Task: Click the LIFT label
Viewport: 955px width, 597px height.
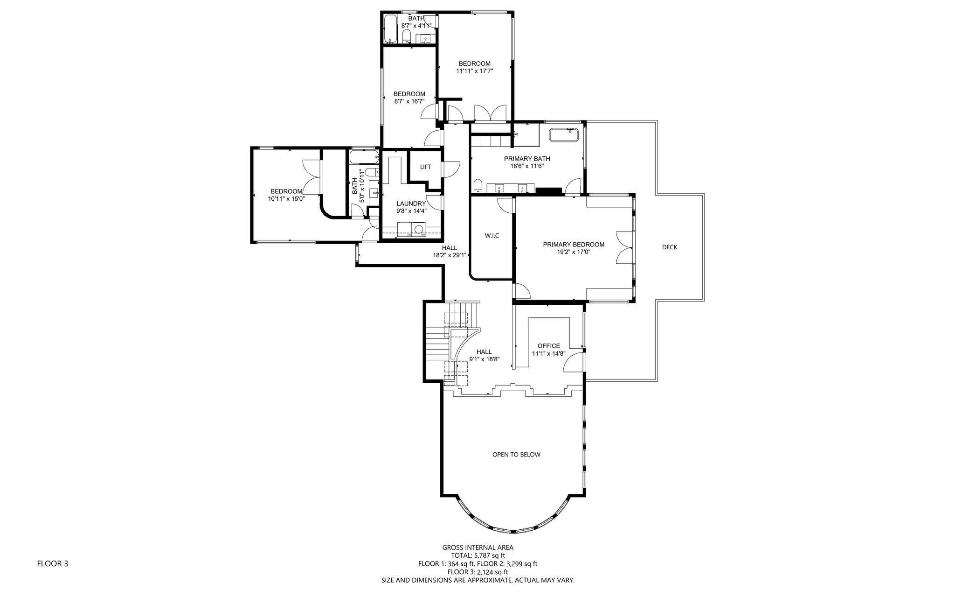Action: tap(425, 167)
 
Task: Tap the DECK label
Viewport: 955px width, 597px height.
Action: tap(670, 247)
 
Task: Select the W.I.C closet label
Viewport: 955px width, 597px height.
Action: tap(492, 236)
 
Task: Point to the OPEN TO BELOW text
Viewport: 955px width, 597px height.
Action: tap(517, 455)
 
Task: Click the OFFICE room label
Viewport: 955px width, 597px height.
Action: tap(549, 346)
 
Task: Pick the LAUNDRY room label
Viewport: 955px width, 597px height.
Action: tap(411, 204)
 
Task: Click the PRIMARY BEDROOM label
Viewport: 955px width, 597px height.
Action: tap(574, 245)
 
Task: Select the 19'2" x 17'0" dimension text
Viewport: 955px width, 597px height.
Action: tap(574, 252)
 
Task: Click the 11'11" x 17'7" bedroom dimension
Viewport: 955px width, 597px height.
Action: tap(475, 71)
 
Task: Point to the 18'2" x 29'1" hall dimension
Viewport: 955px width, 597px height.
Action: tap(450, 255)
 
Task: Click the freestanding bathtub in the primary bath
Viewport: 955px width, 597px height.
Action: tap(564, 135)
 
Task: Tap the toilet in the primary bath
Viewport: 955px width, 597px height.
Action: tap(477, 186)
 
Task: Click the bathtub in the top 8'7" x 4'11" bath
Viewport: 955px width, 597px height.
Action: tap(390, 29)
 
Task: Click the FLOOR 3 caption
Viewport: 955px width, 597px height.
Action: tap(53, 563)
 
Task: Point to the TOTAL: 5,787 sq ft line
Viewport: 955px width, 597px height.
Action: tap(478, 555)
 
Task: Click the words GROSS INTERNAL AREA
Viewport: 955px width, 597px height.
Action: tap(478, 548)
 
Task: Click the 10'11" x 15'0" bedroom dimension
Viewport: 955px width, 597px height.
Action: tap(286, 199)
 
